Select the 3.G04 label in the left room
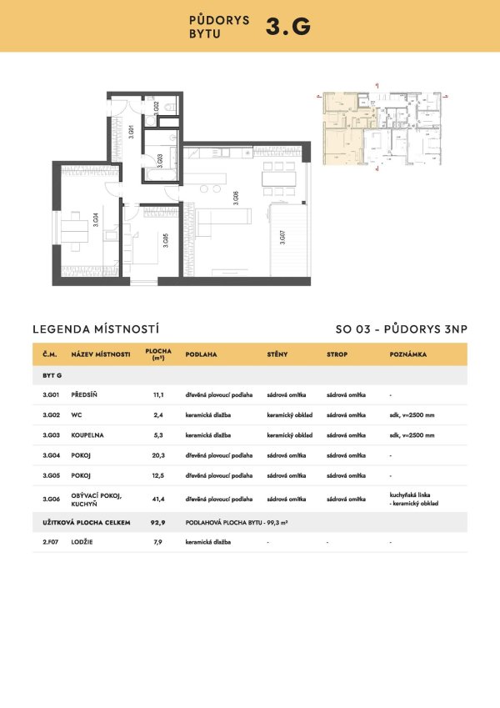[x=96, y=219]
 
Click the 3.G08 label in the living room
[x=236, y=198]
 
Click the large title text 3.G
[x=287, y=27]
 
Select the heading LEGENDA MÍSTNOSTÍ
[x=95, y=329]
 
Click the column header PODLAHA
[x=201, y=354]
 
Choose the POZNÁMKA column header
[x=408, y=354]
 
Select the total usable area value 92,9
[x=157, y=522]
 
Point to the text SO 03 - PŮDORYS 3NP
[x=396, y=329]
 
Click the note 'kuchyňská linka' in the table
[x=409, y=495]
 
